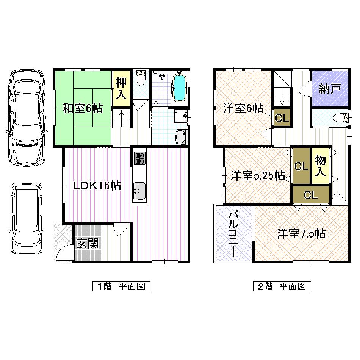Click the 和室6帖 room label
[x=83, y=108]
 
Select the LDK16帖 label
[x=97, y=185]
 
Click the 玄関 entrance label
[x=88, y=243]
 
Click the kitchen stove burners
[x=139, y=158]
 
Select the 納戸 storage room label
[x=329, y=89]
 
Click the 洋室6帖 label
[x=243, y=108]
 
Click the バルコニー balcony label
[x=232, y=234]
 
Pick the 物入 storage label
[x=320, y=166]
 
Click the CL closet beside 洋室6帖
[x=282, y=118]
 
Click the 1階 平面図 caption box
[x=121, y=286]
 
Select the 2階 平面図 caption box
[x=282, y=286]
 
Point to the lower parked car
[x=27, y=219]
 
